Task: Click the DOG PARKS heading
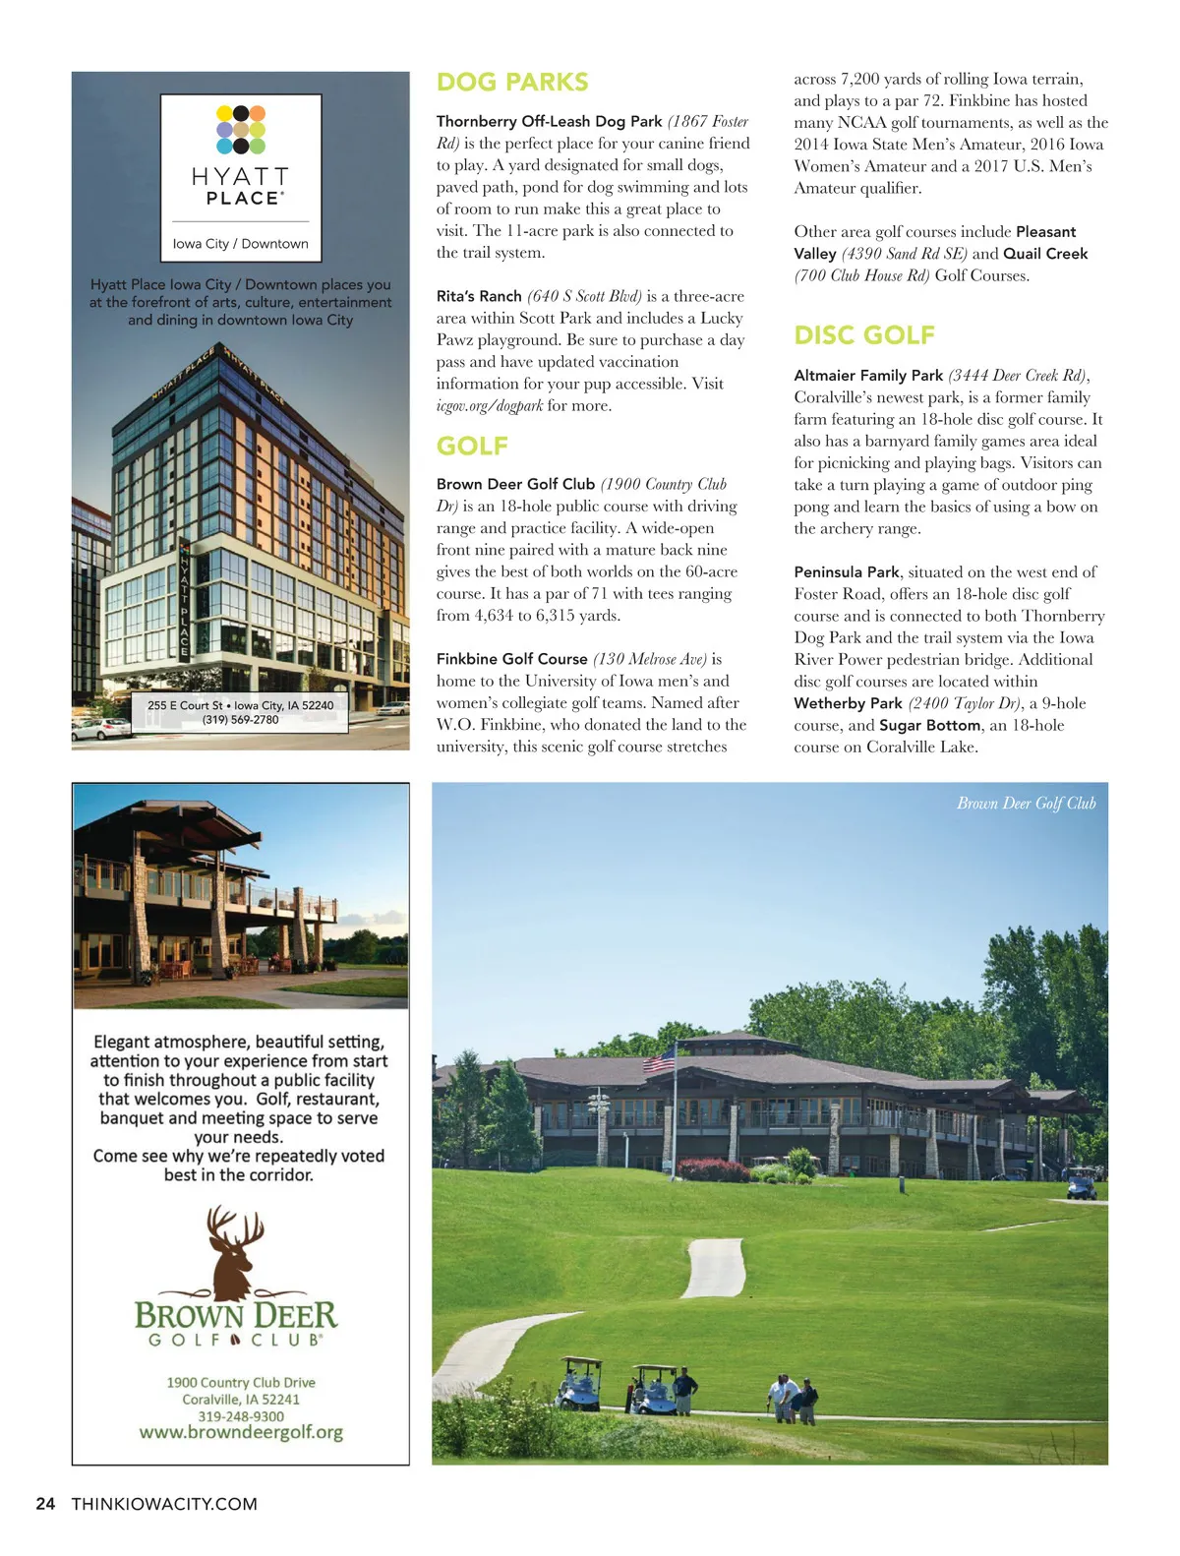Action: click(x=512, y=83)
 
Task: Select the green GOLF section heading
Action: click(x=472, y=447)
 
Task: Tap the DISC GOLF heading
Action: click(x=864, y=335)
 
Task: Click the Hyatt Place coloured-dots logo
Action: click(x=241, y=130)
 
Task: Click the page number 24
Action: click(x=45, y=1504)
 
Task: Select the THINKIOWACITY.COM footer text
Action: click(x=164, y=1504)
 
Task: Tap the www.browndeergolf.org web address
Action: click(x=241, y=1432)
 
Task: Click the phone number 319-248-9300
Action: click(x=241, y=1416)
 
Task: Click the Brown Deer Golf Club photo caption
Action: click(x=1026, y=804)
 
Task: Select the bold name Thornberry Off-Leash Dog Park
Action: click(x=549, y=122)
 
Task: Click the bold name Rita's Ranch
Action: click(x=479, y=296)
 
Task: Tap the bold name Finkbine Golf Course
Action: click(x=511, y=659)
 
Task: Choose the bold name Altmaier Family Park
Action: click(x=868, y=376)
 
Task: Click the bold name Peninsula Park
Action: click(x=847, y=572)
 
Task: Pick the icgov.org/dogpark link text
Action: click(x=490, y=406)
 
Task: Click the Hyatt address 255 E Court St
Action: click(x=185, y=705)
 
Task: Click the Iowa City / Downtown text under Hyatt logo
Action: click(x=241, y=244)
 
